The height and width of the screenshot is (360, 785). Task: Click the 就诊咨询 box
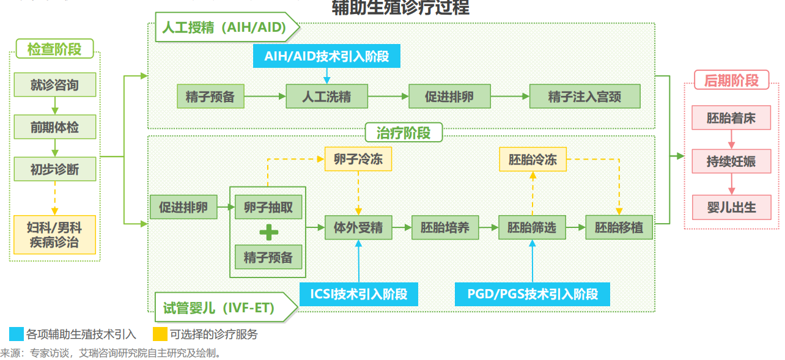(55, 85)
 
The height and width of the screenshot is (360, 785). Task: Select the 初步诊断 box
(55, 169)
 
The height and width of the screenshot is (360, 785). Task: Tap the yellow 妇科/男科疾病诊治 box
(55, 235)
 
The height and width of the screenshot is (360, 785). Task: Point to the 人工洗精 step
(326, 97)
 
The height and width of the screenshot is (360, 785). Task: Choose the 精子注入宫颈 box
(584, 97)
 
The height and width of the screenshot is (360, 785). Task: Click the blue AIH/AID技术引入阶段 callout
(326, 56)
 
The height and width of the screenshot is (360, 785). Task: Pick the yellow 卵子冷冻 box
(358, 160)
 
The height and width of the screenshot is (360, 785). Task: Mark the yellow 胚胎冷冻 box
(533, 160)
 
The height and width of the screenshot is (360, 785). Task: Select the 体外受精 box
(358, 228)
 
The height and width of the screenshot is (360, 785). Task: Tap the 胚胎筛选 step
(532, 228)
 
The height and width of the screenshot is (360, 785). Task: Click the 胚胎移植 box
(619, 228)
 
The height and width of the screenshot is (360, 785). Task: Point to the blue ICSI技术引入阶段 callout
(359, 294)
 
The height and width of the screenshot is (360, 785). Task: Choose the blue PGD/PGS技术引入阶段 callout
(533, 294)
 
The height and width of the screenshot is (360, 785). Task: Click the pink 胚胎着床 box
(731, 118)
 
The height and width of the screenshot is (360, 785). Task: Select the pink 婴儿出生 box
(731, 207)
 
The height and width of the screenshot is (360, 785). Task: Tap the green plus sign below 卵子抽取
(268, 233)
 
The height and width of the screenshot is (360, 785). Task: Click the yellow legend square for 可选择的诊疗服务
(160, 334)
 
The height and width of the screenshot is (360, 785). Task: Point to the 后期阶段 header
(731, 80)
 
